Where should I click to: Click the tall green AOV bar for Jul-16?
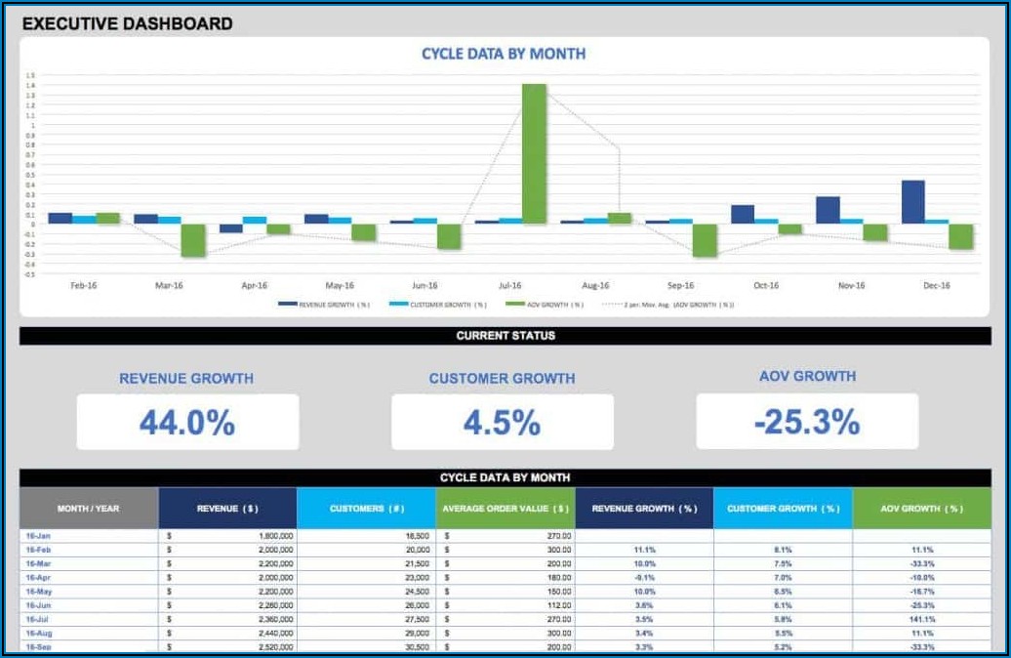(x=534, y=153)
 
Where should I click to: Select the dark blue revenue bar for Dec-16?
(x=912, y=202)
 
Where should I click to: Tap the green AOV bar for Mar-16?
(x=193, y=240)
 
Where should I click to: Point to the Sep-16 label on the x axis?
(x=681, y=286)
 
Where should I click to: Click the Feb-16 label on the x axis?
(x=84, y=286)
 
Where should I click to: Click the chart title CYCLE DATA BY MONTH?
(x=504, y=54)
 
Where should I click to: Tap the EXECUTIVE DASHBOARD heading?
(x=127, y=23)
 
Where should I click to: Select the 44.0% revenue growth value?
(x=187, y=423)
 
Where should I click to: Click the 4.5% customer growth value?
(x=502, y=423)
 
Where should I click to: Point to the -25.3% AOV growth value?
(x=807, y=422)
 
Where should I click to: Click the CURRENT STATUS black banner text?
(x=505, y=336)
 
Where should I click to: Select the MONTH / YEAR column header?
(x=89, y=509)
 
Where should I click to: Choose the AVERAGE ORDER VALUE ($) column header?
(x=505, y=509)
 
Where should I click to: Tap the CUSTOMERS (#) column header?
(x=366, y=509)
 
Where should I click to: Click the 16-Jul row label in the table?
(x=38, y=619)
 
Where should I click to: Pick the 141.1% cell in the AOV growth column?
(x=921, y=619)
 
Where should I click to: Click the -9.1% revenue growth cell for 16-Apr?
(x=644, y=578)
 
